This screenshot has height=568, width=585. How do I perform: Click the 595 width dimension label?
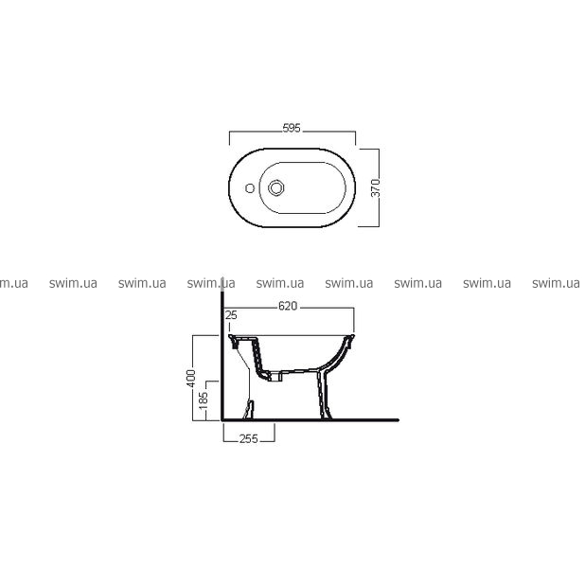(x=292, y=128)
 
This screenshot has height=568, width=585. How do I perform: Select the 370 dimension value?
(x=376, y=187)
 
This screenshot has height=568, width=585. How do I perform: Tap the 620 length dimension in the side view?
(x=288, y=306)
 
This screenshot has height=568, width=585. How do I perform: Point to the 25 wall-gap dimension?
(x=231, y=315)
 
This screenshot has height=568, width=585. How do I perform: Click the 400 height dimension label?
(x=191, y=378)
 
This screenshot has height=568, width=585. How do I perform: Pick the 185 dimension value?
(x=204, y=400)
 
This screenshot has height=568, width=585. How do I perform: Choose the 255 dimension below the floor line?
(x=248, y=439)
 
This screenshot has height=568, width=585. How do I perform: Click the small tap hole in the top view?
(x=250, y=188)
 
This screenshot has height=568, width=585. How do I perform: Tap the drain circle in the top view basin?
(x=276, y=187)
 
